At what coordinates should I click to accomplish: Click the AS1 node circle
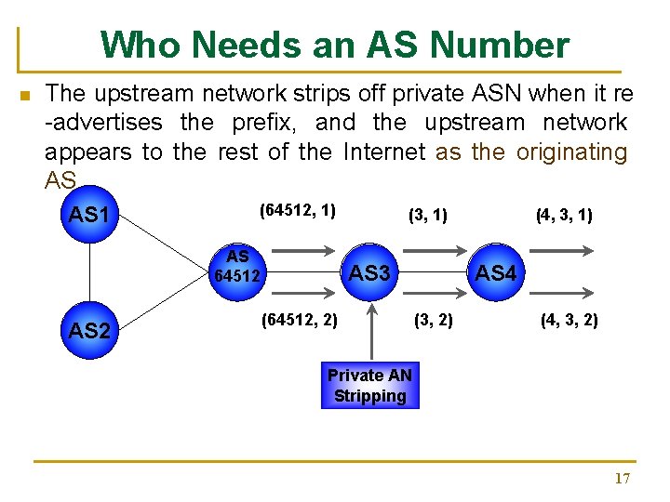tap(89, 216)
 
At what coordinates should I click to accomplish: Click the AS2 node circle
tap(89, 330)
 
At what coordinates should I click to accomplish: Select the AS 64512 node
tap(237, 268)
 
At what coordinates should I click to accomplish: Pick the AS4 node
tap(495, 273)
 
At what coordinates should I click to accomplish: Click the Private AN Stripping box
tap(369, 386)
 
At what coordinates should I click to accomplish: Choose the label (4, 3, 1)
tap(564, 216)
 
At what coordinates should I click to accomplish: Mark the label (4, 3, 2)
tap(569, 321)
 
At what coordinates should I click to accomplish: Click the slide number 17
tap(622, 479)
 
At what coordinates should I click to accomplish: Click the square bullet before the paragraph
tap(25, 95)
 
